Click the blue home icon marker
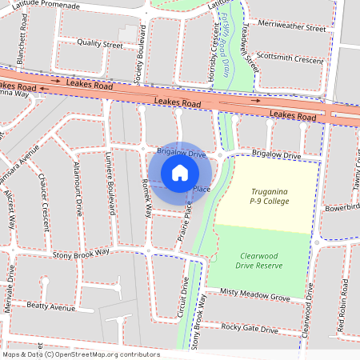[x=180, y=172]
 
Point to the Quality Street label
[x=100, y=45]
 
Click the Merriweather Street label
[x=294, y=27]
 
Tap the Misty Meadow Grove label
[x=255, y=296]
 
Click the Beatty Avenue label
[x=50, y=306]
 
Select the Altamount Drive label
[x=78, y=189]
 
